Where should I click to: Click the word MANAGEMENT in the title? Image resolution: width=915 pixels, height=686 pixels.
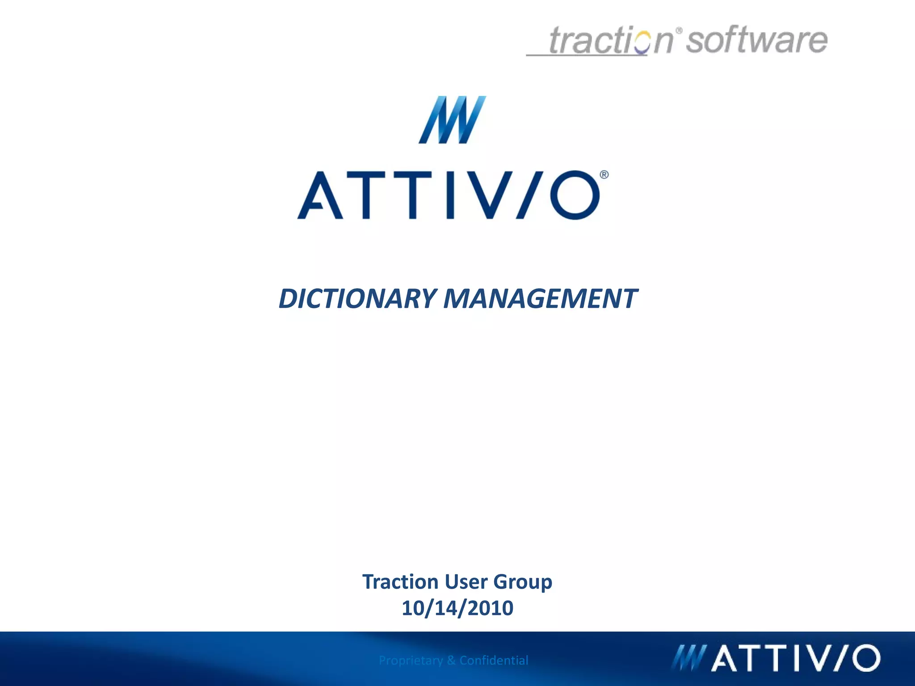pos(540,299)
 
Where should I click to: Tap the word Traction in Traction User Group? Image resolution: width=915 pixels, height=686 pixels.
pos(400,581)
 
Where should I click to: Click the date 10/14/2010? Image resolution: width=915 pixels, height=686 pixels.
pos(457,608)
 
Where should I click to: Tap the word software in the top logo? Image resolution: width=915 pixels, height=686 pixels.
pos(756,40)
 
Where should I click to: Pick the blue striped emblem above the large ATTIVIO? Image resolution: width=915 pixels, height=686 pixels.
pos(452,120)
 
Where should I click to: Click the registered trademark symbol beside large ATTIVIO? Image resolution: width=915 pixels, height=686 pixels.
pos(604,175)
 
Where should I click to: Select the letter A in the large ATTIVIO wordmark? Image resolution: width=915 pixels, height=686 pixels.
pos(320,196)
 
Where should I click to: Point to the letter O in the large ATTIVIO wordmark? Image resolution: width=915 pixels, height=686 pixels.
pos(575,195)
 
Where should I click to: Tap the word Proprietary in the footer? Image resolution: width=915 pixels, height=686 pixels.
pos(411,660)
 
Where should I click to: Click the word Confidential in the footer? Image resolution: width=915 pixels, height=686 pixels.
pos(494,660)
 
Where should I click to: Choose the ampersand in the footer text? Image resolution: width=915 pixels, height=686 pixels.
pos(451,660)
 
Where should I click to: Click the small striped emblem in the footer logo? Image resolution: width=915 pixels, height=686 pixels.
pos(688,658)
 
